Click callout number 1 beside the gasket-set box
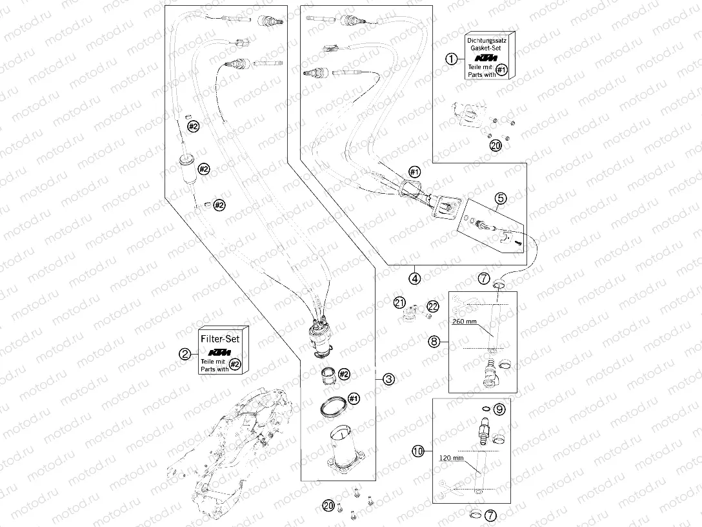[x=452, y=58]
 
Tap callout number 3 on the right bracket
[x=388, y=380]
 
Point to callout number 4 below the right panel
[x=414, y=279]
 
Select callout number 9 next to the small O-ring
[x=499, y=409]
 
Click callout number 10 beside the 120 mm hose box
[x=417, y=451]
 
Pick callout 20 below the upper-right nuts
[x=495, y=147]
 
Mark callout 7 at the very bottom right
[x=492, y=516]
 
